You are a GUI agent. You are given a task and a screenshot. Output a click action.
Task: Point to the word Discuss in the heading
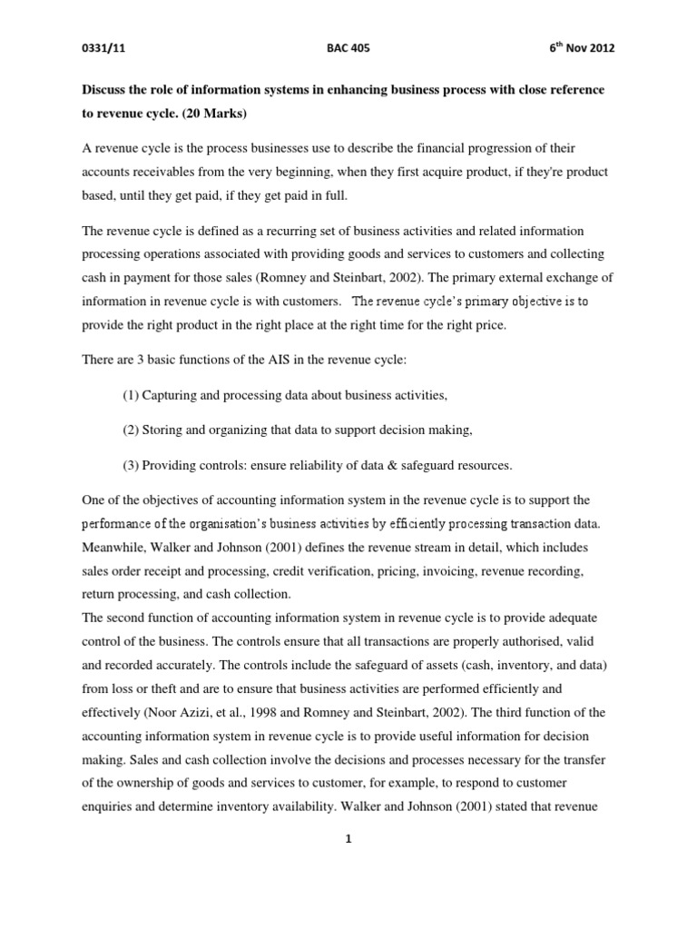coord(106,91)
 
